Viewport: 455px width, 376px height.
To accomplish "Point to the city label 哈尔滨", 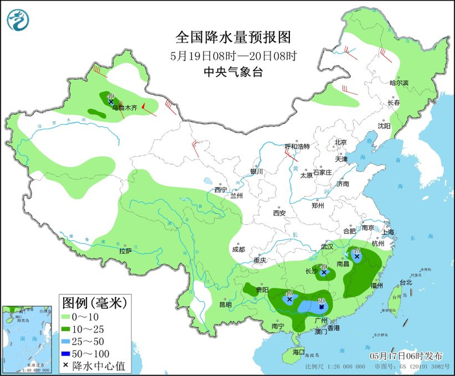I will click(398, 83).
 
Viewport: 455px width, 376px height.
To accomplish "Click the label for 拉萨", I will click(125, 251).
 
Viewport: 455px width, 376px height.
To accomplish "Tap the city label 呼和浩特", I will click(298, 146).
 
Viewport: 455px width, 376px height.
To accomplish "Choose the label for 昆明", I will click(225, 304).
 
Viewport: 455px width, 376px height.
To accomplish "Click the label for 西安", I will click(279, 212).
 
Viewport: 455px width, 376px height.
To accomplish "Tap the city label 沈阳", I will click(385, 126).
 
